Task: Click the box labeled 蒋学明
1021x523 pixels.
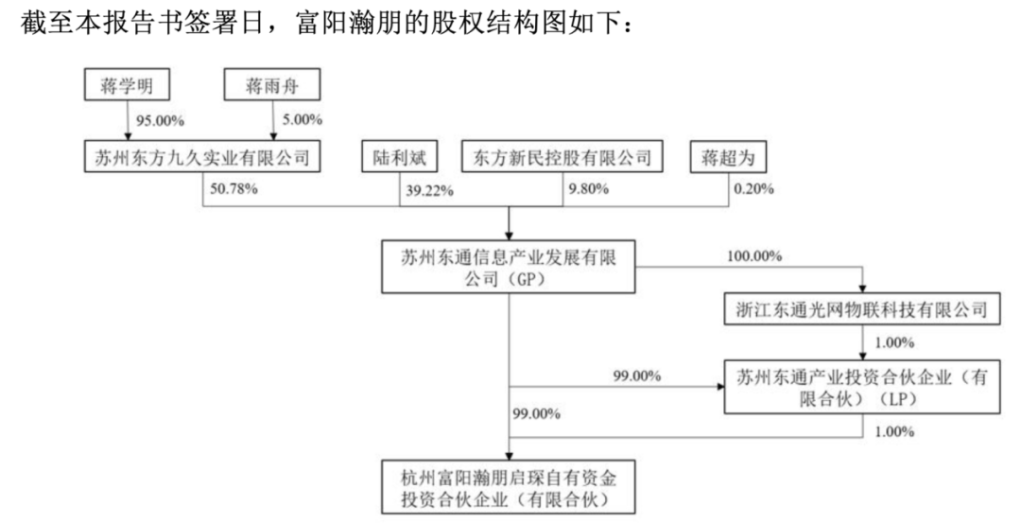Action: (x=127, y=85)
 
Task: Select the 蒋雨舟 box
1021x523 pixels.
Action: (x=271, y=85)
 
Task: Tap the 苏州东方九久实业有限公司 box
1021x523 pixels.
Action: (x=202, y=156)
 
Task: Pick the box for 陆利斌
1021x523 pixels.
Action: (x=399, y=156)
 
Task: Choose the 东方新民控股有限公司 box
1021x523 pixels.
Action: (x=562, y=156)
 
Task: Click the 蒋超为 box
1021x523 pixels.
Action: (x=729, y=156)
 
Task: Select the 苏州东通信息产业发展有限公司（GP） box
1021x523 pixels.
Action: (x=508, y=267)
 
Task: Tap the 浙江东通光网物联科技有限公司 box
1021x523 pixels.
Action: (x=862, y=308)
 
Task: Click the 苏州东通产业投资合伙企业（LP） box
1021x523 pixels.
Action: (x=862, y=386)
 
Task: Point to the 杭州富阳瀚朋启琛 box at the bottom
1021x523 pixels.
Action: (x=508, y=487)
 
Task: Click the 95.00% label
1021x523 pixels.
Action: (x=160, y=120)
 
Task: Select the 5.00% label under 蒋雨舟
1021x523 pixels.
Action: (x=303, y=120)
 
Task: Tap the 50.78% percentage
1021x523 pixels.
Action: (x=234, y=189)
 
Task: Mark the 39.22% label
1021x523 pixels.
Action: (x=430, y=190)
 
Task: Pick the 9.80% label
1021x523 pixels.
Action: (x=588, y=189)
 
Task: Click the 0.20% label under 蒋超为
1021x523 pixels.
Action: (x=754, y=189)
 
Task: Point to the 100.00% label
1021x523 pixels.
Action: (x=754, y=256)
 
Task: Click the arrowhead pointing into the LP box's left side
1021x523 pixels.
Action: (x=720, y=386)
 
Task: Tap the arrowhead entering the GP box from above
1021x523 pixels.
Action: (x=509, y=236)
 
